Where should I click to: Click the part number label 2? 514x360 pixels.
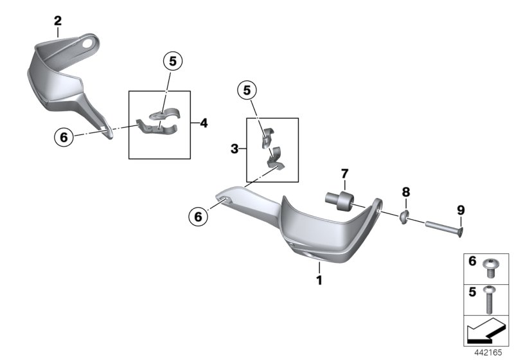[58, 21]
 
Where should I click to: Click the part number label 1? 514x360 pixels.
[319, 280]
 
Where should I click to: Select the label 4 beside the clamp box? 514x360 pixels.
[204, 123]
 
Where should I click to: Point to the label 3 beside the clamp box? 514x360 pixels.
[235, 149]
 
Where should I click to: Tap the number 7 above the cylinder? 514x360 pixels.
[344, 174]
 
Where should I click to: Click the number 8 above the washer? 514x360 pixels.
[406, 192]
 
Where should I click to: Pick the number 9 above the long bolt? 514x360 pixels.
[461, 210]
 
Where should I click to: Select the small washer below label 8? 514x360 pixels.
[405, 217]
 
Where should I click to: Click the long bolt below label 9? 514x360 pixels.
[444, 229]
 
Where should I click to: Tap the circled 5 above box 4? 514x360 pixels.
[173, 61]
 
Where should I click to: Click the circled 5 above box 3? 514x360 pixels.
[247, 90]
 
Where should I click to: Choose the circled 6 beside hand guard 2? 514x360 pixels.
[64, 137]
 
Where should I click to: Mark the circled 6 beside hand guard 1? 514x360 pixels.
[199, 217]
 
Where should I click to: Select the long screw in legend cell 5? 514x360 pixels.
[489, 300]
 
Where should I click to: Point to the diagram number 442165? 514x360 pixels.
[488, 352]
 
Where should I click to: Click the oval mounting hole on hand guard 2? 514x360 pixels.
[88, 44]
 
